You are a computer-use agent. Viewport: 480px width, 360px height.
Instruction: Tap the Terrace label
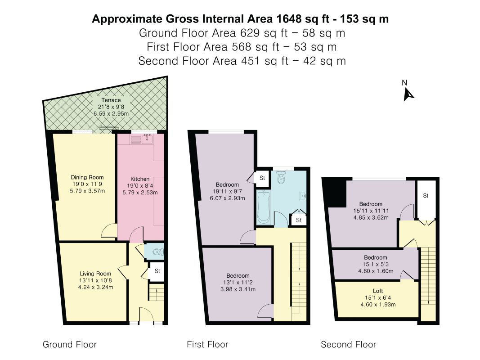(x=111, y=100)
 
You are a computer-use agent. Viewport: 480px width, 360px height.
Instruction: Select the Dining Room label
(x=87, y=177)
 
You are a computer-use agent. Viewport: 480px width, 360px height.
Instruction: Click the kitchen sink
(x=147, y=139)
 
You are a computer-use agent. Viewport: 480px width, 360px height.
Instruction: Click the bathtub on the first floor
(x=263, y=207)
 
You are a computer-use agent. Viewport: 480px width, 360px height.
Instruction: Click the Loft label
(x=378, y=291)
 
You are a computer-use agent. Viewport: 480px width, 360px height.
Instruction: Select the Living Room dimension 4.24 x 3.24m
(x=95, y=287)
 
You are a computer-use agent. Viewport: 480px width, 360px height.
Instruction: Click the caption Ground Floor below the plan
(x=69, y=345)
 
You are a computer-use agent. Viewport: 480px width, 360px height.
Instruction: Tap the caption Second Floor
(x=348, y=345)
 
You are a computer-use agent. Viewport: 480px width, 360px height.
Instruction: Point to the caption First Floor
(x=207, y=345)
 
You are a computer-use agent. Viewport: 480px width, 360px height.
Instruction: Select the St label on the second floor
(x=426, y=196)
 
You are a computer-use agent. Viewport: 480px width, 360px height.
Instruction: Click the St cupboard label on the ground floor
(x=157, y=271)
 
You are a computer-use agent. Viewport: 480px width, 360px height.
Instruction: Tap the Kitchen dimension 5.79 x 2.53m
(x=140, y=193)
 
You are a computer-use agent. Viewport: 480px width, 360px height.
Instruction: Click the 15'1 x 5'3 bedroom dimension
(x=376, y=264)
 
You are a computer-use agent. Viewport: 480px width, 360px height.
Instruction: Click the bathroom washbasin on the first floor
(x=303, y=196)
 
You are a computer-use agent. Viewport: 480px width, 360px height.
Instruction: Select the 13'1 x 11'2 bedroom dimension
(x=238, y=283)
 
